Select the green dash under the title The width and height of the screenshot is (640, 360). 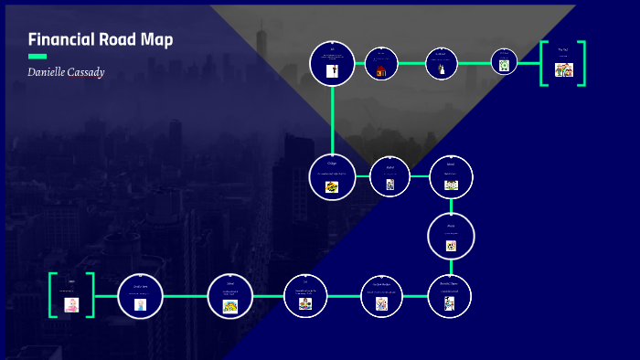(37, 57)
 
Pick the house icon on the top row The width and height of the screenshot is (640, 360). (381, 69)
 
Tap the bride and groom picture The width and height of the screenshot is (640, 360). (441, 69)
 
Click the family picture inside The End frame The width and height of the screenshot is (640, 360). (563, 69)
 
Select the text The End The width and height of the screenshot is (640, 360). (563, 50)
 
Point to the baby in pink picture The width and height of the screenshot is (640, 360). (71, 304)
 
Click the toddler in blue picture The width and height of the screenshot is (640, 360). (140, 304)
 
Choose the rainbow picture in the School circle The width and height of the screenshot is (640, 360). (230, 305)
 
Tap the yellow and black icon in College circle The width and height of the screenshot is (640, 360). (332, 186)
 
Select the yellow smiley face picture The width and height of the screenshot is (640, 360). (451, 245)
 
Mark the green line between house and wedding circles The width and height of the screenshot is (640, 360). (411, 63)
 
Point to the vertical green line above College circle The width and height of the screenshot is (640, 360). (333, 119)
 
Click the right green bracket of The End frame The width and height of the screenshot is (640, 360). (581, 64)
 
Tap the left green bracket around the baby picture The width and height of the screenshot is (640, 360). (53, 295)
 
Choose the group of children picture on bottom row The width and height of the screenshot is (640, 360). (305, 304)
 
